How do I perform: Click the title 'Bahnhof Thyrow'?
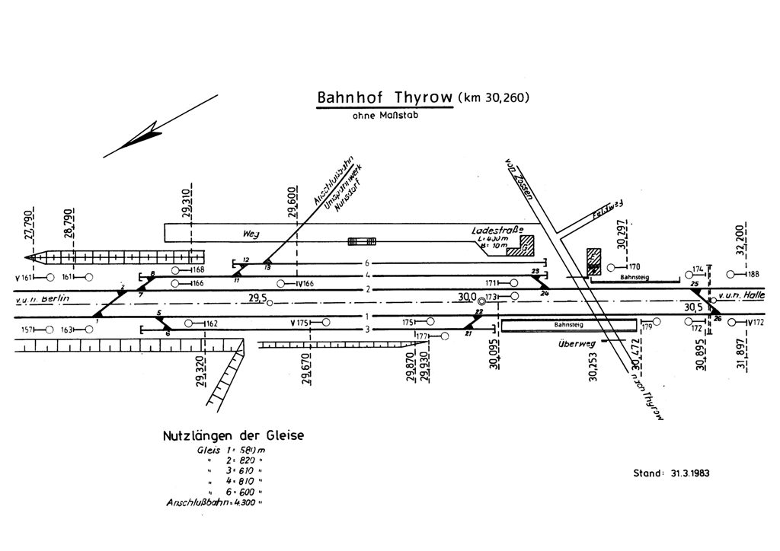[385, 99]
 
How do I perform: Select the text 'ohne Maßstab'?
[385, 116]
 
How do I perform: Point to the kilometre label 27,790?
[30, 225]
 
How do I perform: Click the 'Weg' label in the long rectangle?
[252, 233]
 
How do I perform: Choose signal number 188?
[754, 274]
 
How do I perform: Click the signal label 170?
[634, 267]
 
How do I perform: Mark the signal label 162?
[211, 324]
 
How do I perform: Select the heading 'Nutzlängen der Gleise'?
[233, 436]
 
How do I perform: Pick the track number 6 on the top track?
[366, 263]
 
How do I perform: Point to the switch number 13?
[267, 267]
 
